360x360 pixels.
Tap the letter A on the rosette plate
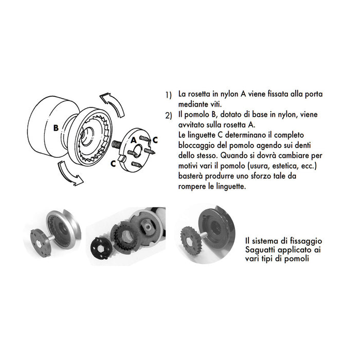pyautogui.click(x=133, y=139)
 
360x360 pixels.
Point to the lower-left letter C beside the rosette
pyautogui.click(x=113, y=163)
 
